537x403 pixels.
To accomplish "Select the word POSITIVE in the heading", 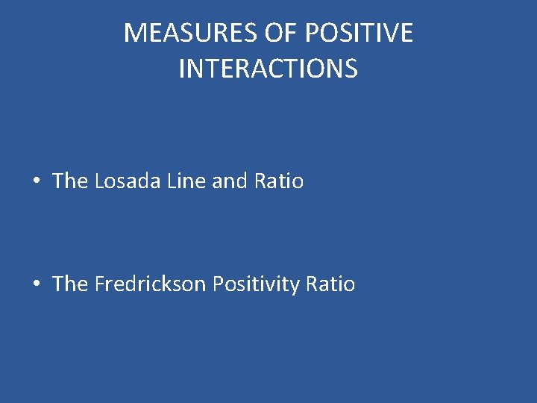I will (357, 33).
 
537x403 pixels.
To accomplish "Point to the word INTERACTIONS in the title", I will (268, 69).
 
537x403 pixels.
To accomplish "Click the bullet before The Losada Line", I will (36, 181).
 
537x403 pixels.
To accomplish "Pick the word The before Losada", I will (70, 181).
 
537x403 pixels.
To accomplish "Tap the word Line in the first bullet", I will (184, 181).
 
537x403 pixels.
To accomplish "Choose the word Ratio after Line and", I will (279, 181).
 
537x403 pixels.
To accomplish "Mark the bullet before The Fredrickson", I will (36, 284).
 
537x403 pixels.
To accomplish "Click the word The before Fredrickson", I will (70, 284).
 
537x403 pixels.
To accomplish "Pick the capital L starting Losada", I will (100, 181).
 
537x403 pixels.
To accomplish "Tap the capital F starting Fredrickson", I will (99, 284).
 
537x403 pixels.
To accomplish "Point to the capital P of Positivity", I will (218, 284).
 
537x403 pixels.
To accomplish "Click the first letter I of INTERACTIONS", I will (182, 69).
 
